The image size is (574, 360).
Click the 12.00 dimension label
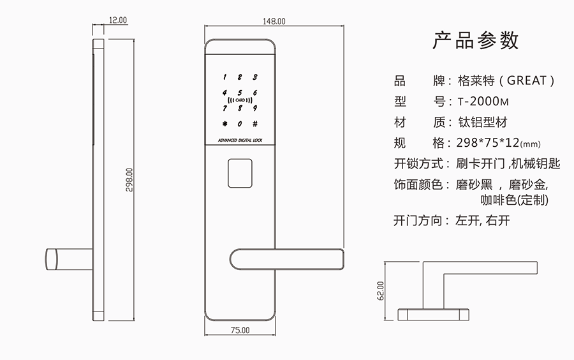point(118,20)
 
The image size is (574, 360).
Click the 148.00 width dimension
point(274,21)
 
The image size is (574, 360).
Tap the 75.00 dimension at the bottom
point(239,330)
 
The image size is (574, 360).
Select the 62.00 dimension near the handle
point(381,290)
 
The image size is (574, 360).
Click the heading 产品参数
point(475,40)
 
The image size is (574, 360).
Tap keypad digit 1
point(224,76)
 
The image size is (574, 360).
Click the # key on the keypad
point(255,124)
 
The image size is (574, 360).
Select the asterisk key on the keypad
point(224,124)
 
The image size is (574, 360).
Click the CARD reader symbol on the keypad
point(240,100)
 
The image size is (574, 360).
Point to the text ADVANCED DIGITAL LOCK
point(240,139)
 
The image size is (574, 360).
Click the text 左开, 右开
point(483,221)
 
